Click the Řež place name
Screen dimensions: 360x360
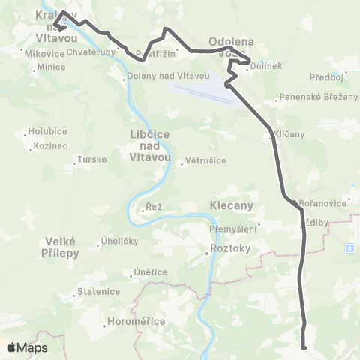pyautogui.click(x=154, y=206)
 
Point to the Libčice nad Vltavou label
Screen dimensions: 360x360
pyautogui.click(x=151, y=145)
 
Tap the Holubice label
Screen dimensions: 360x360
pyautogui.click(x=47, y=131)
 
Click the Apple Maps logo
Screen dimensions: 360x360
pyautogui.click(x=27, y=347)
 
